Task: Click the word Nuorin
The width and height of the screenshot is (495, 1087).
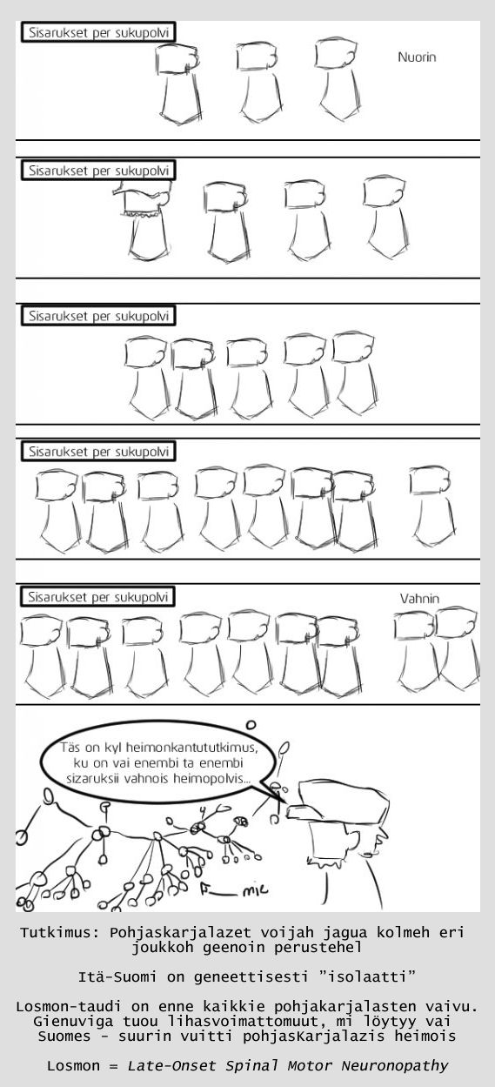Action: point(417,57)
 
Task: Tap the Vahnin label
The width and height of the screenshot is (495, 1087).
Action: point(419,599)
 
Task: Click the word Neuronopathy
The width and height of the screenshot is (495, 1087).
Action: point(395,1065)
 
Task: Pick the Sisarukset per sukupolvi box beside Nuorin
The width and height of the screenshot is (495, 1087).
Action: point(97,33)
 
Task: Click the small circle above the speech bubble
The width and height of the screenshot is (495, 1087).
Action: point(251,725)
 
